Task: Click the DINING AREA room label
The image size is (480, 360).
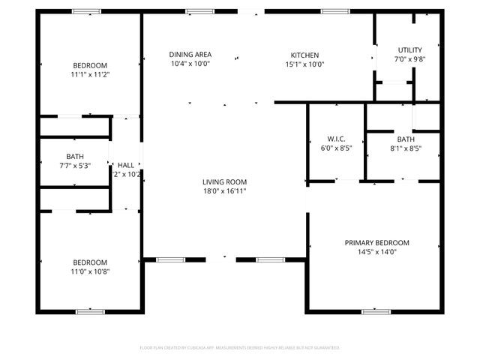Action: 190,55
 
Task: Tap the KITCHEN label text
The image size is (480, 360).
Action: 304,55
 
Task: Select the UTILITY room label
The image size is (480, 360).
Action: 410,49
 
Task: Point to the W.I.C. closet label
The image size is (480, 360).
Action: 335,139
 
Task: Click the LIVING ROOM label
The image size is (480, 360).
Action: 224,181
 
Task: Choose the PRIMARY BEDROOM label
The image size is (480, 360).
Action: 376,242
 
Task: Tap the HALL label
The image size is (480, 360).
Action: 126,165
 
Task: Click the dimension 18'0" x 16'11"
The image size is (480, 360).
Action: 224,191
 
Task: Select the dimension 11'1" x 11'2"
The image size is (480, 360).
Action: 90,75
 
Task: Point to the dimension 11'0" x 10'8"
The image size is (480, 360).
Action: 90,271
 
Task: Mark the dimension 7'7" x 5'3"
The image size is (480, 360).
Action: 74,166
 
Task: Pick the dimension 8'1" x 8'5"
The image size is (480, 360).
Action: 406,148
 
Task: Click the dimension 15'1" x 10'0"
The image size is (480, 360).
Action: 304,64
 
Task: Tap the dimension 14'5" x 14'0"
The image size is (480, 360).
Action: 376,252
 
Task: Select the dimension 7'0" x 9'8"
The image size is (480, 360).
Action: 410,59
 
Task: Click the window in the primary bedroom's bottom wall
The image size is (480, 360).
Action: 376,311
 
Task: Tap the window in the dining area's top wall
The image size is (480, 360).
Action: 199,11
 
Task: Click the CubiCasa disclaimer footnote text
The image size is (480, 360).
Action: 240,348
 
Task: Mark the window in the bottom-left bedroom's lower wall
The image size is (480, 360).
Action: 89,311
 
